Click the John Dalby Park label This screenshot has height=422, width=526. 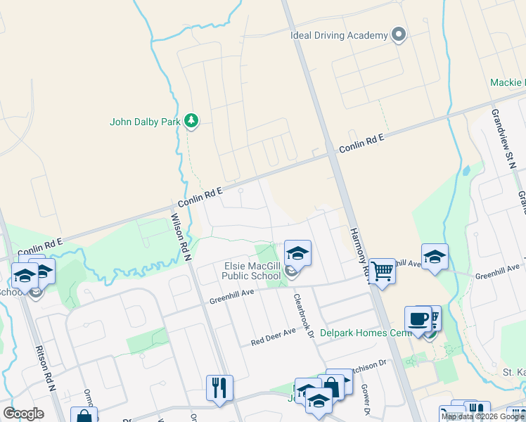click(146, 122)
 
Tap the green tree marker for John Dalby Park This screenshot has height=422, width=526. click(191, 121)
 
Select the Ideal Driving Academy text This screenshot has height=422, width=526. click(339, 35)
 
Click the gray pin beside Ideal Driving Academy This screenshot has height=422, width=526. click(399, 34)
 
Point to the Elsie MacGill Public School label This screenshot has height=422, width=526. click(252, 271)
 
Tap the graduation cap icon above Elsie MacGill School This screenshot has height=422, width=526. click(297, 252)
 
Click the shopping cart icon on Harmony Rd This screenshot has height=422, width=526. click(382, 270)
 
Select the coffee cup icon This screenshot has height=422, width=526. click(418, 319)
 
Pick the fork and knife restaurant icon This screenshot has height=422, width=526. click(219, 388)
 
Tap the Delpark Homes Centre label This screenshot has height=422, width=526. click(363, 333)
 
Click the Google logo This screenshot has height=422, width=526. click(23, 414)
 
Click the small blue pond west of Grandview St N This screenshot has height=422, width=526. click(465, 171)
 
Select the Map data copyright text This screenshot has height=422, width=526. click(482, 416)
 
